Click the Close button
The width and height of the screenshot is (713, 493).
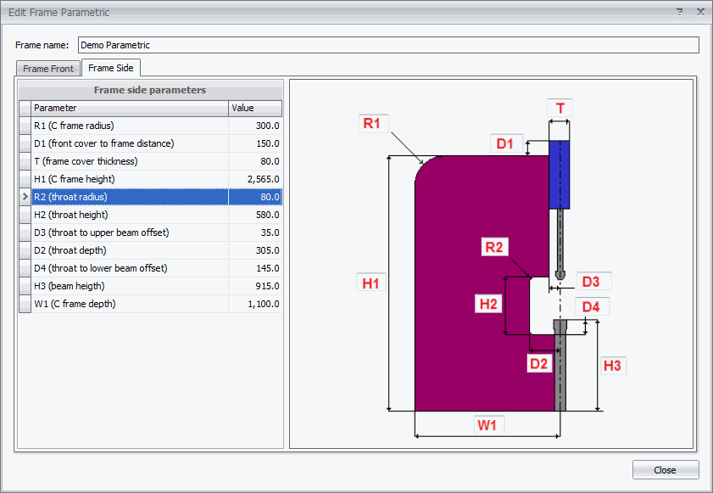[666, 470]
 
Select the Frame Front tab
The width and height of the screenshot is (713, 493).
[48, 68]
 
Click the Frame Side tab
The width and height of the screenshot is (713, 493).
[111, 68]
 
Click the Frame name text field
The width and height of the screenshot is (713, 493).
[388, 45]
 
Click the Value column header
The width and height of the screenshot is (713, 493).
[255, 108]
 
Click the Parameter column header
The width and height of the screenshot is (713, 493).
[130, 108]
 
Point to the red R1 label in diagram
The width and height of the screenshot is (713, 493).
[372, 123]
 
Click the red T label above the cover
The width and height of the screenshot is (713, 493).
[560, 109]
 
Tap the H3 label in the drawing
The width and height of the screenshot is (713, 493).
[612, 365]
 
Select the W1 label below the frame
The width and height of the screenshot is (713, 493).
[487, 425]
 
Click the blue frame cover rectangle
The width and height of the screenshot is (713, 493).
[560, 175]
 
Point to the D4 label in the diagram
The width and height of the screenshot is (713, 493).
[591, 307]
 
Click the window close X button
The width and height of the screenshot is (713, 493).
[700, 12]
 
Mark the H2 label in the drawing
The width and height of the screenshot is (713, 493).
[488, 304]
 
